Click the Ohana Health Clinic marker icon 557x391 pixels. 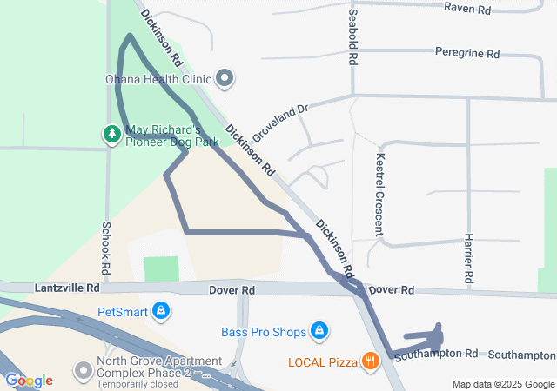[x=225, y=79]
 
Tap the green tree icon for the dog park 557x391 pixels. [x=111, y=134]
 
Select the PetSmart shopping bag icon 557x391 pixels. [x=161, y=310]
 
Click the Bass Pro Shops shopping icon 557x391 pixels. [x=319, y=331]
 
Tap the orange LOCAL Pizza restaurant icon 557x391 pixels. [x=370, y=360]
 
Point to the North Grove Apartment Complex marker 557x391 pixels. [x=83, y=372]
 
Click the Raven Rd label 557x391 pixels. [x=467, y=7]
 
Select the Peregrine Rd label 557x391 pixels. [x=467, y=53]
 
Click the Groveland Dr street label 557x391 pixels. [x=280, y=123]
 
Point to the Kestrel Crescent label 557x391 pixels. [x=379, y=195]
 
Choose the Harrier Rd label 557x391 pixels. [x=468, y=259]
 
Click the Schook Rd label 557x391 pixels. [x=106, y=244]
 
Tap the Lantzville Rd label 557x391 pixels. [x=68, y=288]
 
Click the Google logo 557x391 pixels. [x=29, y=381]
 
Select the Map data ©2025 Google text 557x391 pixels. [x=502, y=384]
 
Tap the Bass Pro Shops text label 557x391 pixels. [x=264, y=332]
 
